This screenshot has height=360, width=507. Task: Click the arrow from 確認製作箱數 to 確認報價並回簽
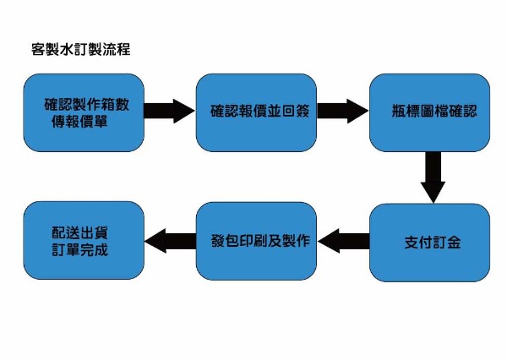(169, 112)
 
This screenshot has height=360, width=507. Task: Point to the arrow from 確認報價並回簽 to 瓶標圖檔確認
(342, 112)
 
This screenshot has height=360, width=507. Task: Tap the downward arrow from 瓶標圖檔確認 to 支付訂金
(433, 177)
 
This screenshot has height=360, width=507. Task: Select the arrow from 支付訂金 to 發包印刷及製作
(342, 242)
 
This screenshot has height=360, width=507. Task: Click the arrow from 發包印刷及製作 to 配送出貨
(169, 242)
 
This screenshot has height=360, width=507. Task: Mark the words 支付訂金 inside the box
(433, 243)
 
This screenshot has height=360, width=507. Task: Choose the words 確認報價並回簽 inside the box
(257, 112)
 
